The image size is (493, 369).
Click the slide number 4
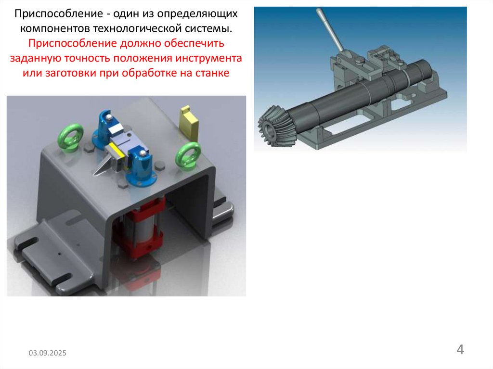(460, 349)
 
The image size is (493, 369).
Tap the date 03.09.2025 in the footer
(48, 353)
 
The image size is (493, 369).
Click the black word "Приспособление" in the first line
(59, 14)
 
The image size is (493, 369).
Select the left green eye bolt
(70, 138)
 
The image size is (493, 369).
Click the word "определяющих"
(197, 14)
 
